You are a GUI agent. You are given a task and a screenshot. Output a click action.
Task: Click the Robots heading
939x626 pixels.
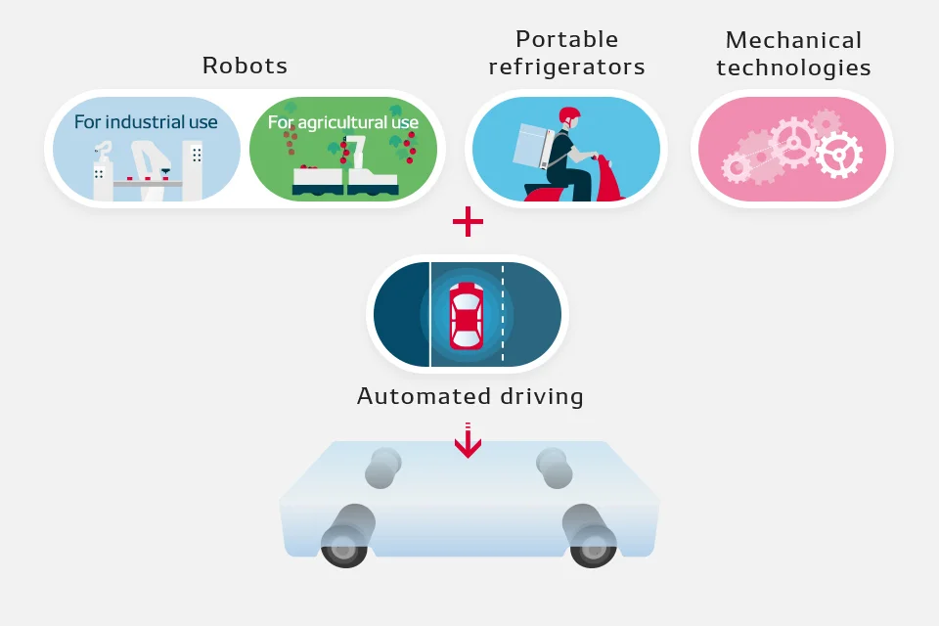pyautogui.click(x=245, y=66)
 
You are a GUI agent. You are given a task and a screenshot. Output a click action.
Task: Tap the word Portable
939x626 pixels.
pyautogui.click(x=566, y=39)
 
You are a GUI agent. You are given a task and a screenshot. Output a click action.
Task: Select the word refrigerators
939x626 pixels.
pyautogui.click(x=566, y=67)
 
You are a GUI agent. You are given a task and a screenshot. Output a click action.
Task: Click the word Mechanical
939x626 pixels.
pyautogui.click(x=793, y=40)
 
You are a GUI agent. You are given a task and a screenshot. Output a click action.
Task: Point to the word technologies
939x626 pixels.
pyautogui.click(x=793, y=67)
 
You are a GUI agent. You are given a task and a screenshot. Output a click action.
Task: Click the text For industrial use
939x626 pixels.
pyautogui.click(x=146, y=122)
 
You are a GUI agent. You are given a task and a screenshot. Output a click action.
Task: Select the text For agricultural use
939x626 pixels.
pyautogui.click(x=343, y=123)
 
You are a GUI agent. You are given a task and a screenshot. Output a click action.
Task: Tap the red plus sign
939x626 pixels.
pyautogui.click(x=468, y=222)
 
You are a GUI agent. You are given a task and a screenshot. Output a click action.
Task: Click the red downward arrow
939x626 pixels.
pyautogui.click(x=468, y=440)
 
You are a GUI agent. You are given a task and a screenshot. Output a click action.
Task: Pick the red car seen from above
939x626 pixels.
pyautogui.click(x=467, y=316)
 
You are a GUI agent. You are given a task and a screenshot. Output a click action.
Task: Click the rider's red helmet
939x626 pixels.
pyautogui.click(x=569, y=115)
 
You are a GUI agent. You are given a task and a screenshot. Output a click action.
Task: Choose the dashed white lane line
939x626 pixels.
pyautogui.click(x=503, y=314)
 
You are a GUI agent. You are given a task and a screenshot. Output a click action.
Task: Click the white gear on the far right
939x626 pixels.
pyautogui.click(x=839, y=156)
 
